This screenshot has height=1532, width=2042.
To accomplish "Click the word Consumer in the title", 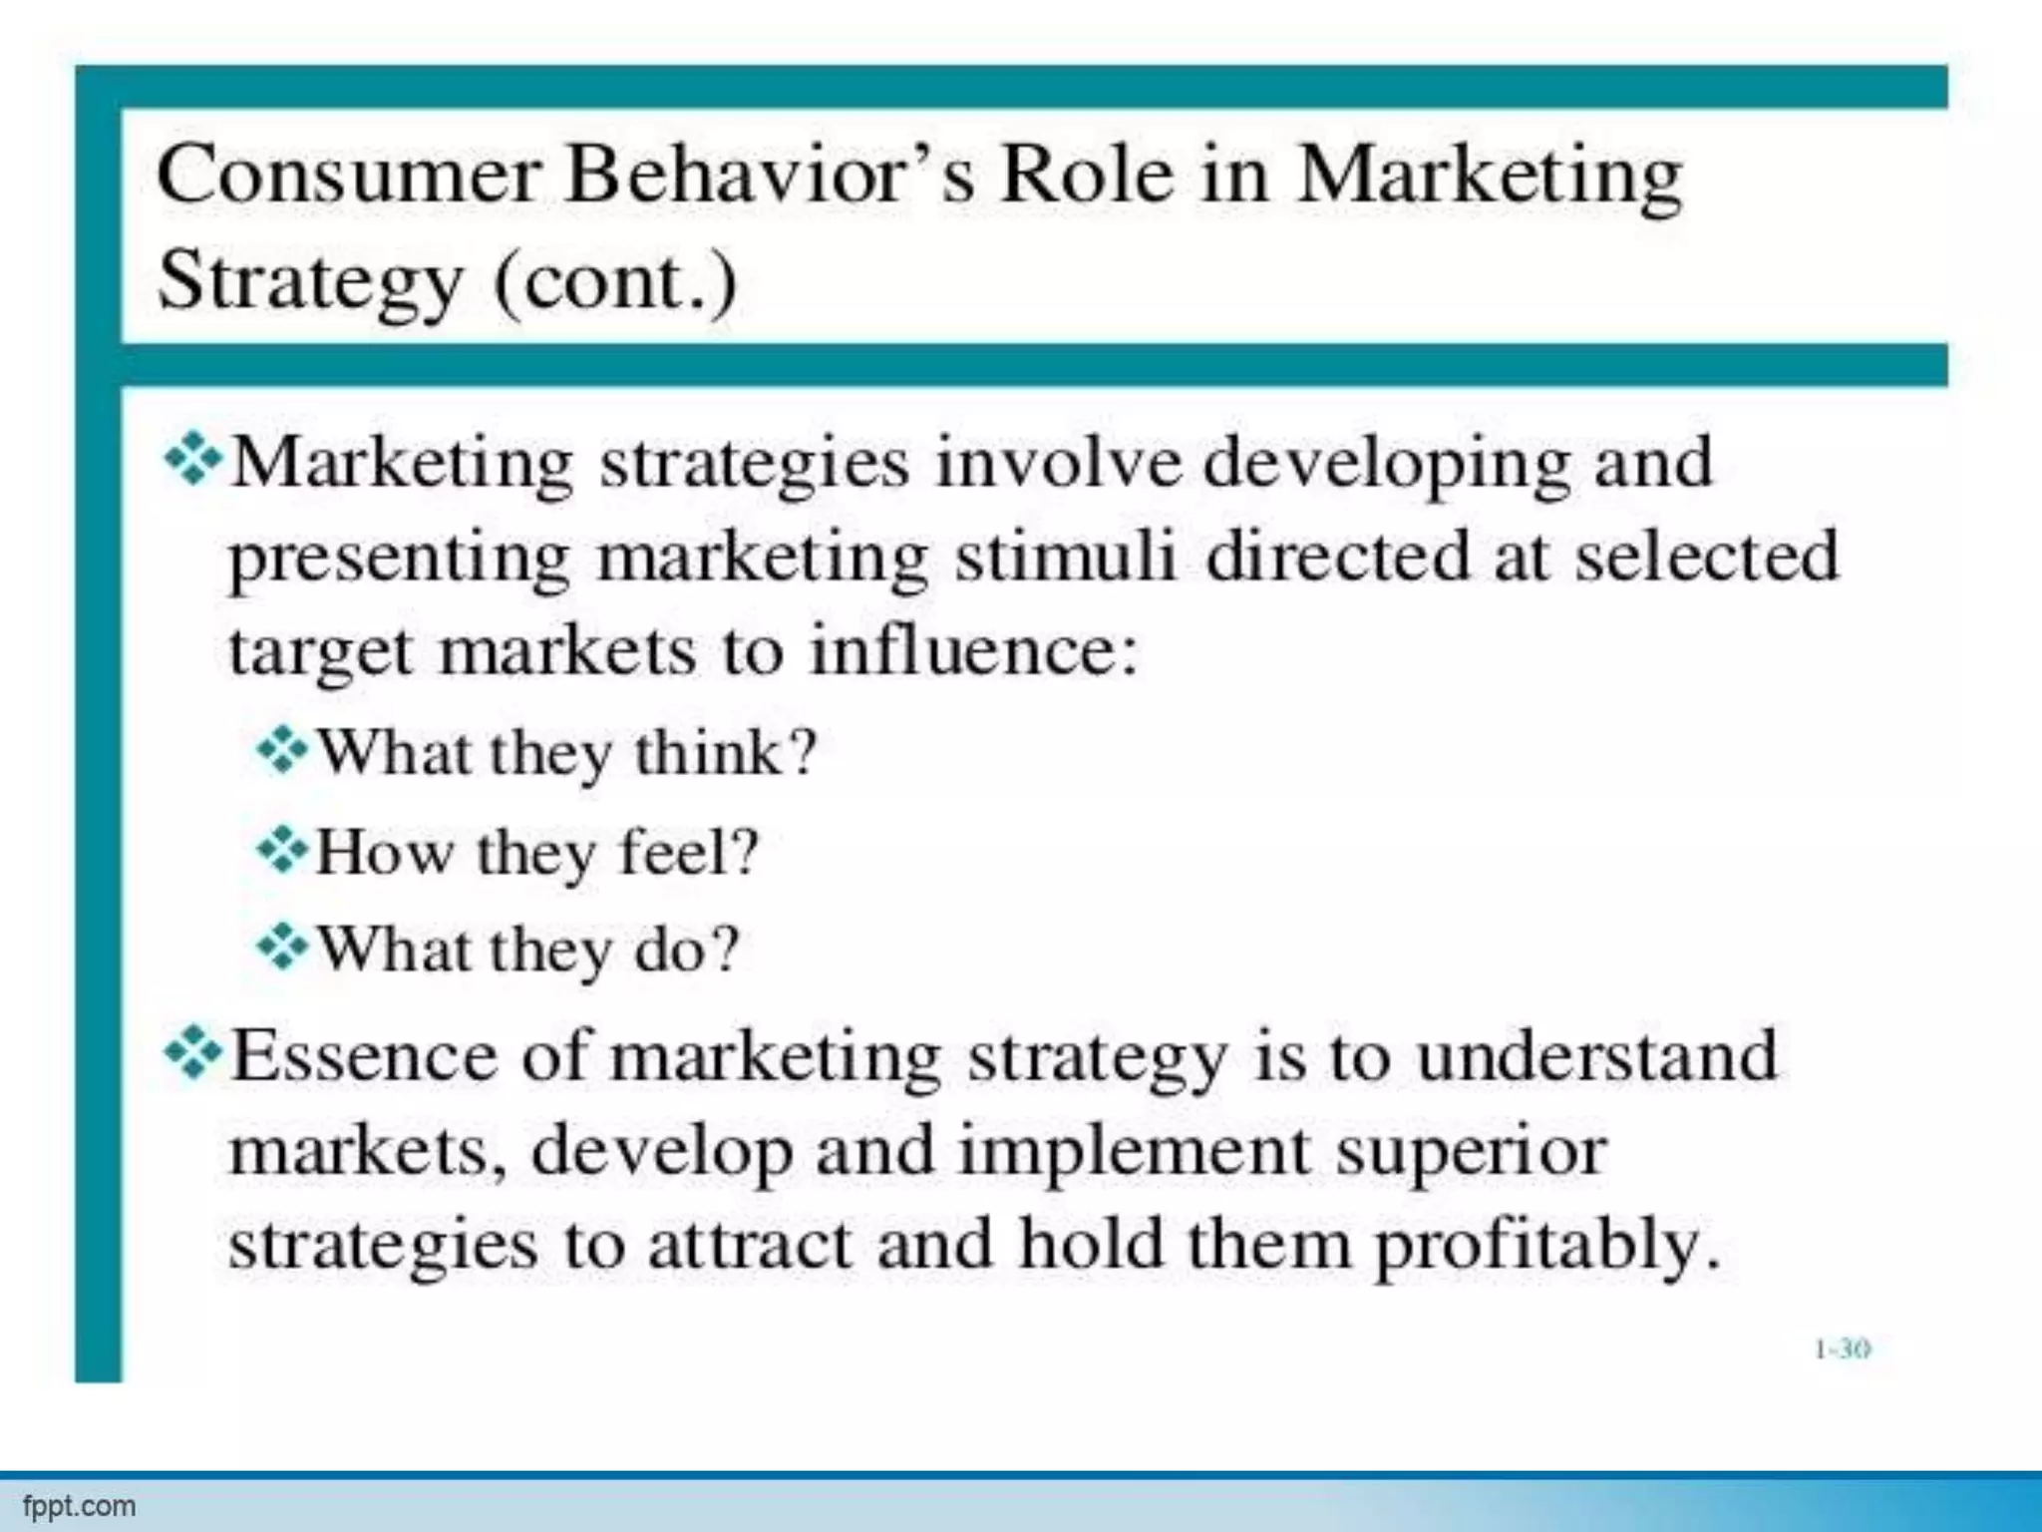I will pyautogui.click(x=348, y=177).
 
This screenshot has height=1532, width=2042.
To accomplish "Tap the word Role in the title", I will pyautogui.click(x=1086, y=175).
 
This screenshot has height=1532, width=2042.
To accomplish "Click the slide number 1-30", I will pyautogui.click(x=1842, y=1349).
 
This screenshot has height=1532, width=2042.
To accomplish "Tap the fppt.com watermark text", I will pyautogui.click(x=79, y=1506).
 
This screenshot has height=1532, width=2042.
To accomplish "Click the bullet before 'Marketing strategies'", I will pyautogui.click(x=192, y=461).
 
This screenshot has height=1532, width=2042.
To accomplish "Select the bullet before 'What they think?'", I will pyautogui.click(x=282, y=750).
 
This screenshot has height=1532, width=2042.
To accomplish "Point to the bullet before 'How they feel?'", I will pyautogui.click(x=282, y=850).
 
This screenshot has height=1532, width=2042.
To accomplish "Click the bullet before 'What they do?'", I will pyautogui.click(x=282, y=947).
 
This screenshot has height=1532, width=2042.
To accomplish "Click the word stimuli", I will pyautogui.click(x=1066, y=556).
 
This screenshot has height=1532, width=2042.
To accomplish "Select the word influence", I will pyautogui.click(x=973, y=650).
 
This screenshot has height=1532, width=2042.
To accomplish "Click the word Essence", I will pyautogui.click(x=364, y=1056).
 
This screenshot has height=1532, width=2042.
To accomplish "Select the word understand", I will pyautogui.click(x=1596, y=1056).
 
